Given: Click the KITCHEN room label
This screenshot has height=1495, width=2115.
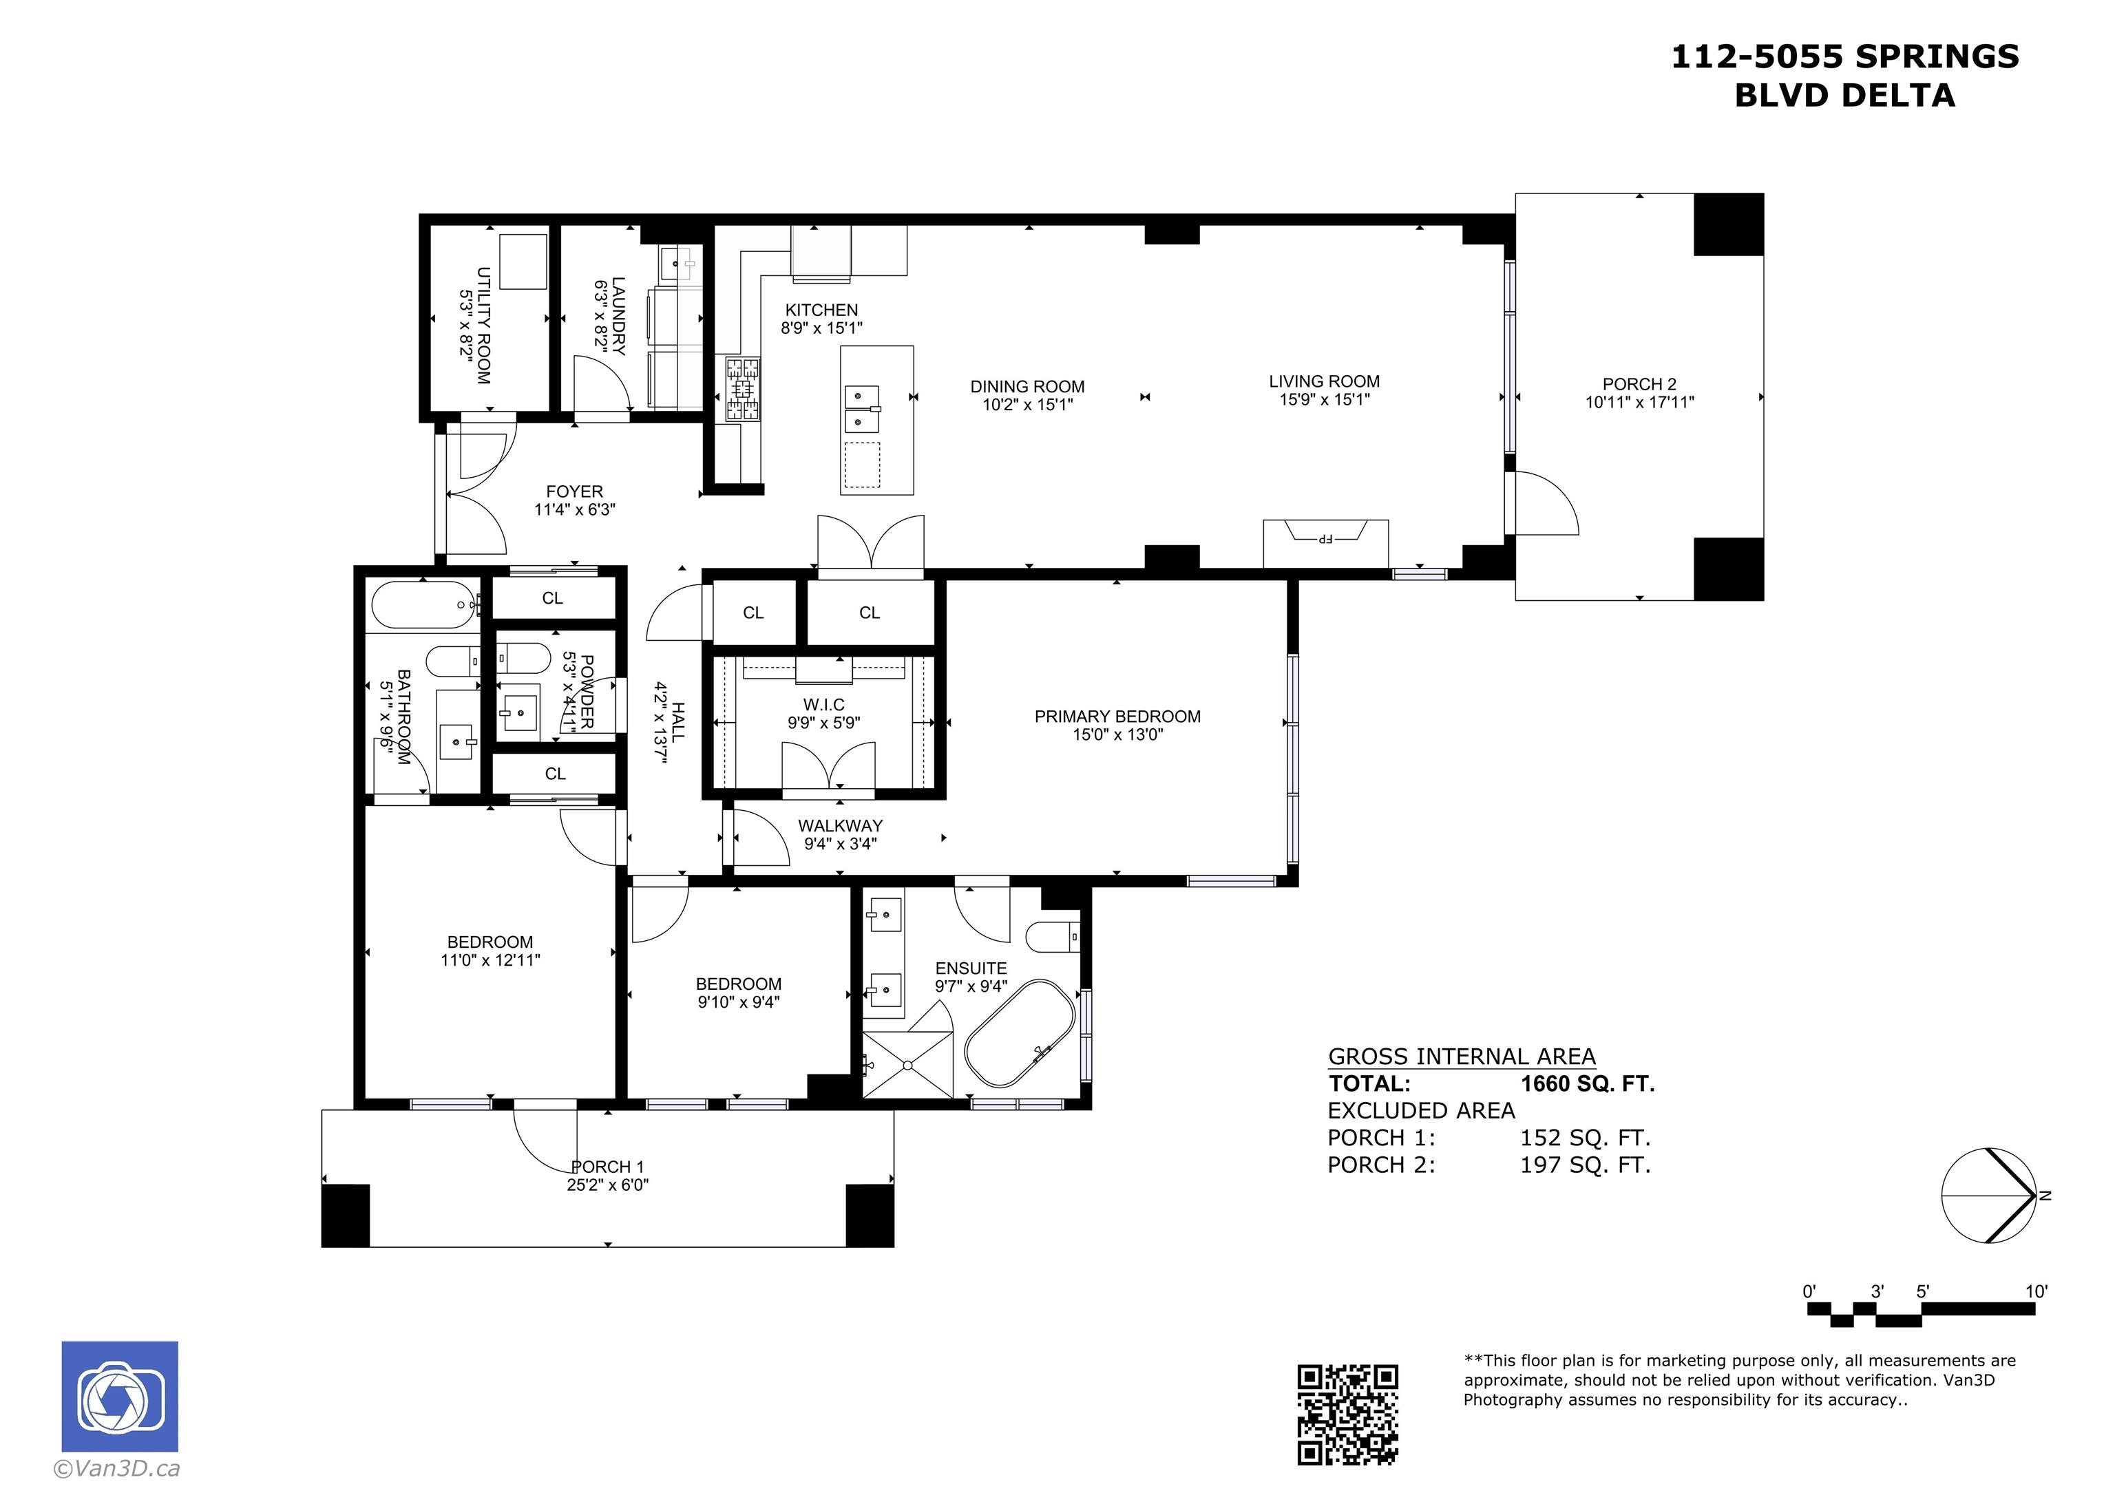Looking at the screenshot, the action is [x=821, y=310].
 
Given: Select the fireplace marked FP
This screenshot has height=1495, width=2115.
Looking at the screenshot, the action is [x=1325, y=544].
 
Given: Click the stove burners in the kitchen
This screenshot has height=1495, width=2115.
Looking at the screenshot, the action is [x=744, y=390].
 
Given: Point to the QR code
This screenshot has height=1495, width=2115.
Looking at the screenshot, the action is [x=1347, y=1414].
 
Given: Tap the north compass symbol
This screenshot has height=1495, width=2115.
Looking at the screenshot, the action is [x=1989, y=1196].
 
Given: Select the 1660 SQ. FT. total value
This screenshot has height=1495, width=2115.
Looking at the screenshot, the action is [x=1587, y=1083].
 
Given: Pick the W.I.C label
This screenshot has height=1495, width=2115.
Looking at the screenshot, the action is [x=823, y=705].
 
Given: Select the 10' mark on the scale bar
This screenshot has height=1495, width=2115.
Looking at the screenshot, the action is [x=2036, y=1291].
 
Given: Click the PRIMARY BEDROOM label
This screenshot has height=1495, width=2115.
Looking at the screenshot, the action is [x=1117, y=716].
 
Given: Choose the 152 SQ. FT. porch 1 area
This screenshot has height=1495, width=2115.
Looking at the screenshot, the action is [x=1584, y=1138].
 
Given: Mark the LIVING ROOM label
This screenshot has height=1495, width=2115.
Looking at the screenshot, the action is [x=1324, y=381].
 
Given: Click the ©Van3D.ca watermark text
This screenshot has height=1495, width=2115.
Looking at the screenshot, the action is [x=117, y=1470].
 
